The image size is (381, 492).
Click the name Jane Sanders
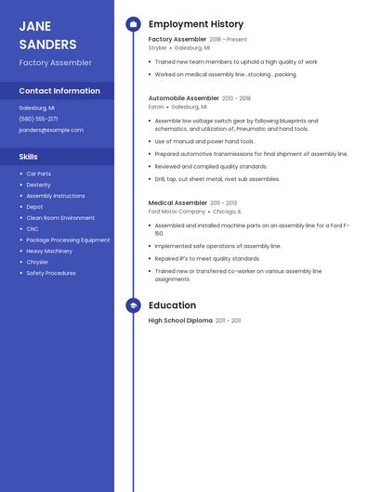click(x=47, y=35)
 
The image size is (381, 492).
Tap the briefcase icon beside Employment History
click(x=133, y=24)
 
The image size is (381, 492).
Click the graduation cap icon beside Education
click(x=133, y=305)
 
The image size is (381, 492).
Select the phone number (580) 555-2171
click(x=38, y=119)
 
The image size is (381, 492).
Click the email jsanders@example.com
click(x=51, y=130)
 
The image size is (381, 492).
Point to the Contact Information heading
click(x=59, y=91)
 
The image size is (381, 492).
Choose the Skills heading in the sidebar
click(x=29, y=157)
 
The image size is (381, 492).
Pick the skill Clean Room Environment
click(x=60, y=218)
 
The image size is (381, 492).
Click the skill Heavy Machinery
click(x=49, y=251)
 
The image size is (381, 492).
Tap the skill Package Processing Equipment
click(x=68, y=240)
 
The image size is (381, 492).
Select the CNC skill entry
click(x=33, y=228)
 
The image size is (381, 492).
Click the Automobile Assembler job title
click(x=184, y=97)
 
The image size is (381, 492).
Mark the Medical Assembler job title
click(x=177, y=202)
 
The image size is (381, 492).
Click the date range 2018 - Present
click(x=229, y=40)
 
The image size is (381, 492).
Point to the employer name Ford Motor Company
click(x=177, y=212)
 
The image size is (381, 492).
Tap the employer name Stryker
click(x=158, y=47)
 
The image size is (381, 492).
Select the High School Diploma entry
click(x=180, y=320)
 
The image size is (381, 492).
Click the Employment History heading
click(x=196, y=24)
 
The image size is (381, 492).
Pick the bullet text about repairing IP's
click(x=207, y=259)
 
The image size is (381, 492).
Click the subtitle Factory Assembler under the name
click(x=56, y=63)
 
